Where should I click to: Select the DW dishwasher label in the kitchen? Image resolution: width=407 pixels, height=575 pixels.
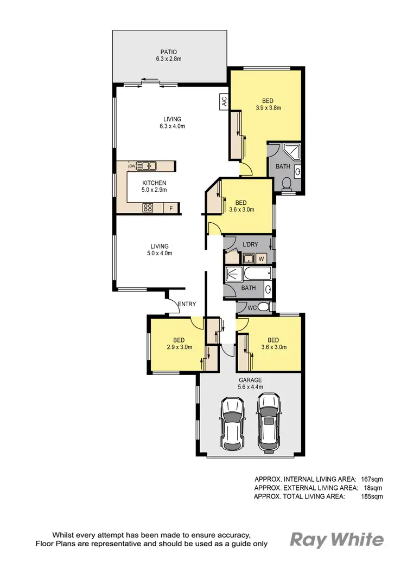pyautogui.click(x=131, y=166)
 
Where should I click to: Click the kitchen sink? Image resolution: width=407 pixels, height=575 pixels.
pyautogui.click(x=147, y=166)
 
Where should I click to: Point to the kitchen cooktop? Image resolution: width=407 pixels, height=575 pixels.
pyautogui.click(x=148, y=208)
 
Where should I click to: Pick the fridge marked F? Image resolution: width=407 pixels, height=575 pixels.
pyautogui.click(x=171, y=208)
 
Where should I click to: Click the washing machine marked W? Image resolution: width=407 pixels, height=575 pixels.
pyautogui.click(x=261, y=259)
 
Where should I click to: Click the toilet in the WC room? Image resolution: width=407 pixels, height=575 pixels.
pyautogui.click(x=263, y=307)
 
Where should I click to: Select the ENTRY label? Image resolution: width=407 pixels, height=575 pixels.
pyautogui.click(x=187, y=304)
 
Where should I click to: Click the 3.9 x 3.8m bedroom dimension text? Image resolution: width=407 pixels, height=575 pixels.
pyautogui.click(x=268, y=108)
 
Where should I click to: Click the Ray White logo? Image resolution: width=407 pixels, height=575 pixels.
pyautogui.click(x=337, y=539)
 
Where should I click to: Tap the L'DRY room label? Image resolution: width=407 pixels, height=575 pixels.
pyautogui.click(x=250, y=245)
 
